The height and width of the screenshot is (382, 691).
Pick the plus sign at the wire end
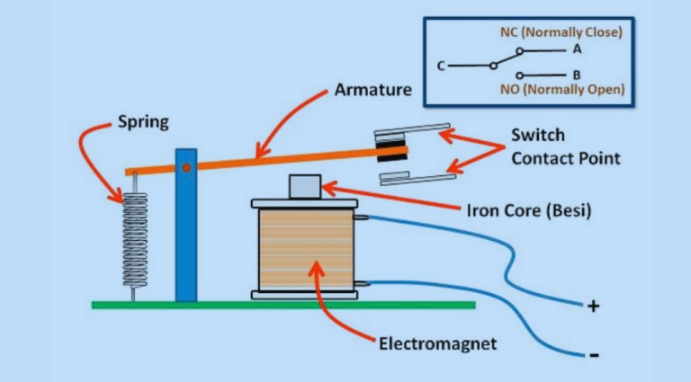(x=593, y=306)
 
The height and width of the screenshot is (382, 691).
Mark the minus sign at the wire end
(x=593, y=354)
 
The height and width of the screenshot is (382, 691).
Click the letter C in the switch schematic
(x=440, y=66)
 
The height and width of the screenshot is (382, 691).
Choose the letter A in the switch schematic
(x=576, y=49)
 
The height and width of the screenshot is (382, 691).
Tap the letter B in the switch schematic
(x=576, y=75)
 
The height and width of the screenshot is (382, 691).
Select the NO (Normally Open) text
(x=561, y=90)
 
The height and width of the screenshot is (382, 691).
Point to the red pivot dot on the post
(x=185, y=167)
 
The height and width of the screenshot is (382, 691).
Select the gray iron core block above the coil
(x=303, y=187)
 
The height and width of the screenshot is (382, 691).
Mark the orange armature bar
(x=270, y=159)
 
